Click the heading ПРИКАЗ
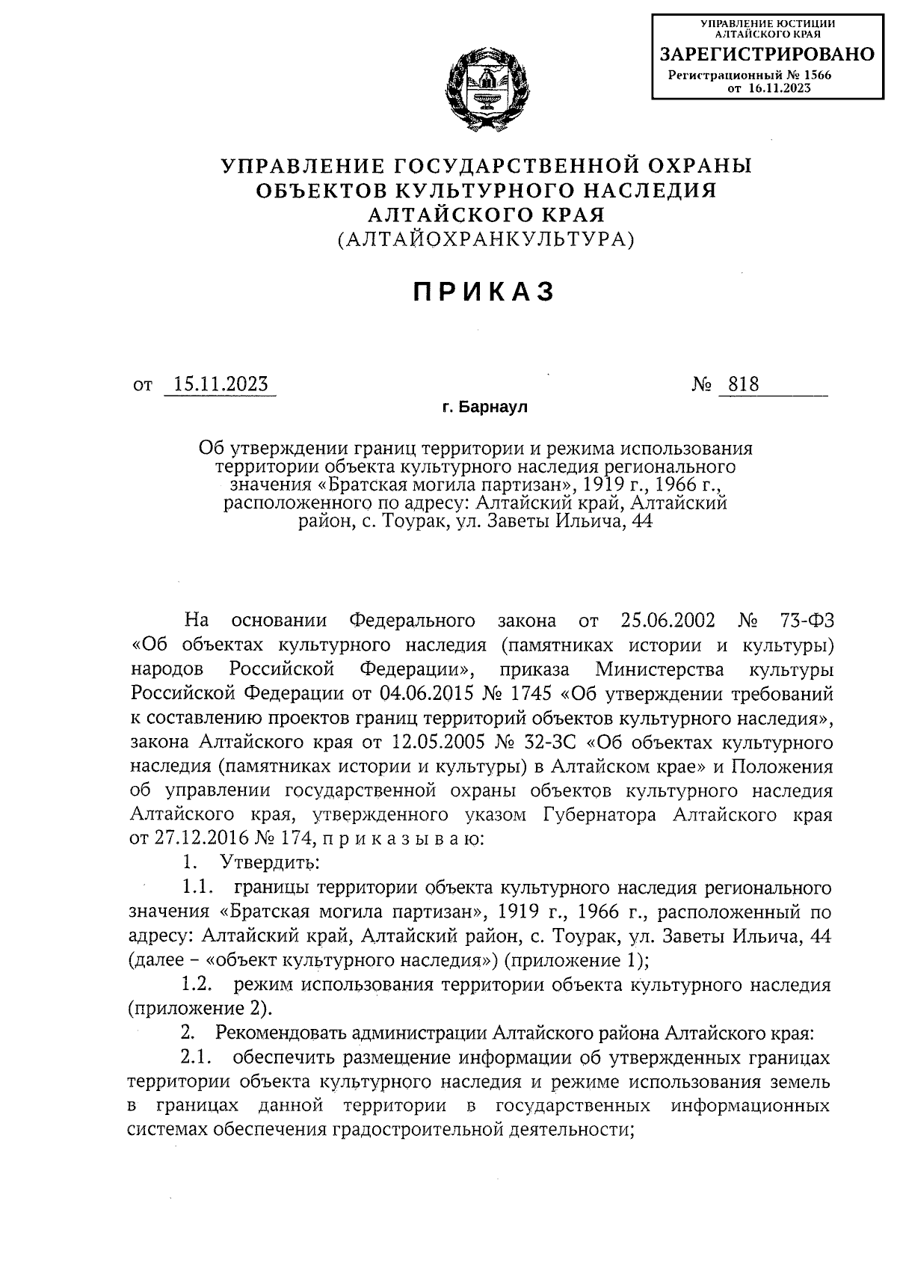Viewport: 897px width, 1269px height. [x=484, y=292]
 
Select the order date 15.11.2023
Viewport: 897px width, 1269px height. [x=220, y=384]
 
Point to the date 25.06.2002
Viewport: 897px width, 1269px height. [x=668, y=621]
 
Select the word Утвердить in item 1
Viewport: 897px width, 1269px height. [x=270, y=862]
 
